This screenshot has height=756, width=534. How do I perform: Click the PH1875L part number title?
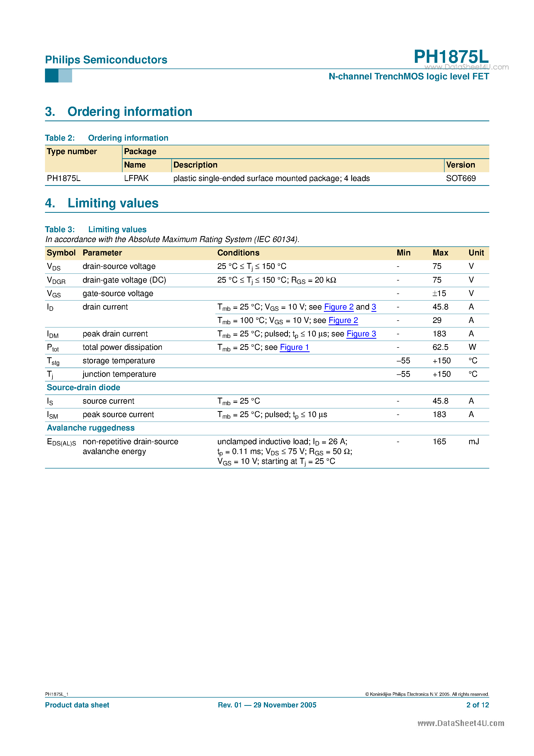click(451, 57)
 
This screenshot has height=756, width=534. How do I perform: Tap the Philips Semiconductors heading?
click(106, 60)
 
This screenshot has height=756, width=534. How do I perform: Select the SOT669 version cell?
click(461, 178)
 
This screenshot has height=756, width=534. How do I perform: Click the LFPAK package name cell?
click(136, 178)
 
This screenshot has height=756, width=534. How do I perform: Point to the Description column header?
click(195, 165)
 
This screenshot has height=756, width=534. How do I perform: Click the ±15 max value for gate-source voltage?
click(439, 293)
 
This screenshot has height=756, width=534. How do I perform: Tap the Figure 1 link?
click(294, 347)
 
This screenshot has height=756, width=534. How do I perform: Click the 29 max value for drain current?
click(437, 320)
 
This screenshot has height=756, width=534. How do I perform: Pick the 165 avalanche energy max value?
click(439, 442)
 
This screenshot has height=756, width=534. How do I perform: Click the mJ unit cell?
click(474, 442)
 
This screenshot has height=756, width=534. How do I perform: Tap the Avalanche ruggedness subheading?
click(90, 428)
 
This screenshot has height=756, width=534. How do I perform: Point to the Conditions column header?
click(238, 253)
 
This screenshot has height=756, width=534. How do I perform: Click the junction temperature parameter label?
click(119, 374)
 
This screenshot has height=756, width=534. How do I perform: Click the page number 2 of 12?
click(477, 705)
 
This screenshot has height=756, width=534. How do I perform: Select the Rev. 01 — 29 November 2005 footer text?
click(267, 705)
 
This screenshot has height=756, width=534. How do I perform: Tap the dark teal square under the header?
click(52, 76)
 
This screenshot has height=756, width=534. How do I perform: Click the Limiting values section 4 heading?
click(113, 203)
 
